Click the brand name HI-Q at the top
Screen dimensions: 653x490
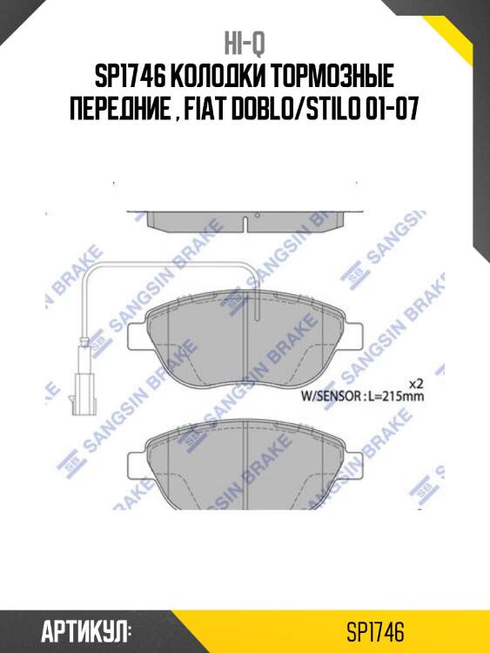(x=245, y=43)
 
